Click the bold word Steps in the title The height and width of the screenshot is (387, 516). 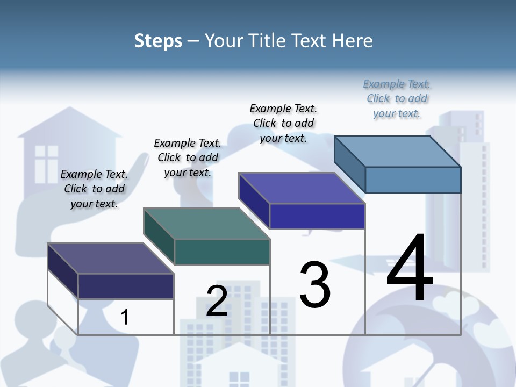pos(158,41)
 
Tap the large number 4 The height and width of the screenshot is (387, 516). pos(410,269)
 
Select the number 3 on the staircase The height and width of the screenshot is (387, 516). pos(315,285)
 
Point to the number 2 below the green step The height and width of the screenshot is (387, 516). pos(217,301)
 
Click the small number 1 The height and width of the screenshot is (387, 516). pos(124,317)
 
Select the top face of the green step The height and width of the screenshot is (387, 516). pos(206,223)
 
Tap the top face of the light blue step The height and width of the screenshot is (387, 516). pos(398,151)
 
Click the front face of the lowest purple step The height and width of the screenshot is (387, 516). pos(126,286)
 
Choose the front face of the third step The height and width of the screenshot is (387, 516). pos(317,216)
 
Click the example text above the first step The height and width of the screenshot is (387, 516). pos(94,189)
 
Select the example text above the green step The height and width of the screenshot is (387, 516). pos(188,157)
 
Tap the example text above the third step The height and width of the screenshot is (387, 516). pos(283,123)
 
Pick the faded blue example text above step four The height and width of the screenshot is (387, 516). pos(397,98)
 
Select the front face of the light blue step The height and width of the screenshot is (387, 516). pos(413,180)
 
